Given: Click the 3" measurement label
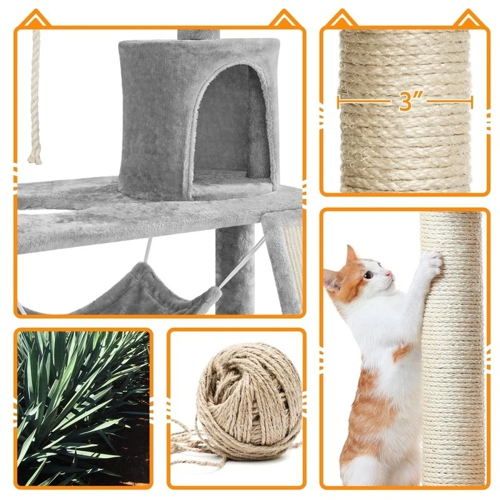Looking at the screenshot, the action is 408,101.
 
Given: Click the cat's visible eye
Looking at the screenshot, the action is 369,274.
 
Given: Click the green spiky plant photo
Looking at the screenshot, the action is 84,409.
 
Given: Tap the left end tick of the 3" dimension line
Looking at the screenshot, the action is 339,102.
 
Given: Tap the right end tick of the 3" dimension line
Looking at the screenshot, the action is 472,102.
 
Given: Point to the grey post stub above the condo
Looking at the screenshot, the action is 198,35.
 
